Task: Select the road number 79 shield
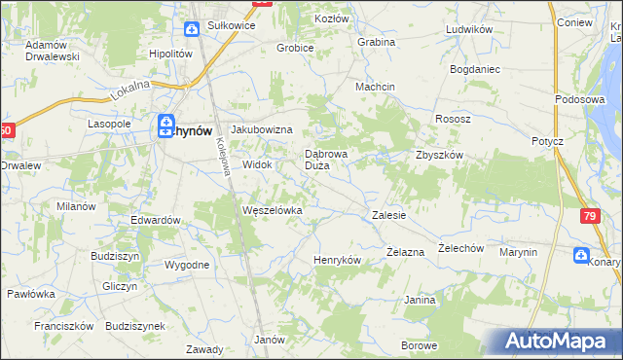pyautogui.click(x=590, y=216)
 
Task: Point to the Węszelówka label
pyautogui.click(x=273, y=210)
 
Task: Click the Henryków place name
pyautogui.click(x=337, y=261)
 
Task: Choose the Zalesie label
pyautogui.click(x=388, y=215)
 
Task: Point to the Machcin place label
pyautogui.click(x=375, y=87)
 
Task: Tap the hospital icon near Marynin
pyautogui.click(x=581, y=256)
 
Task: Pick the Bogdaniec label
pyautogui.click(x=474, y=70)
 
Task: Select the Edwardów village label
pyautogui.click(x=156, y=220)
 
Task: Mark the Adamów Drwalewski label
pyautogui.click(x=53, y=51)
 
